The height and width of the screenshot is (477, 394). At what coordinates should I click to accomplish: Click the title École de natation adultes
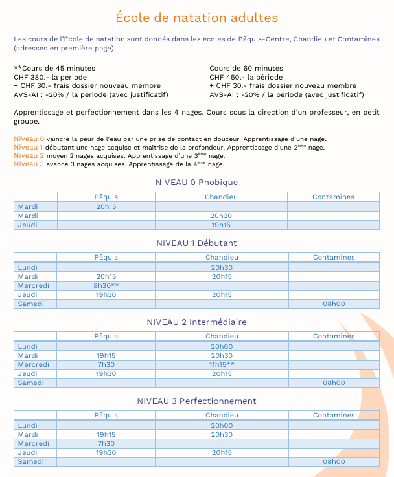pyautogui.click(x=196, y=17)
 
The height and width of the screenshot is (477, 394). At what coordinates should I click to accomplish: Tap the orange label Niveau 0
pyautogui.click(x=29, y=139)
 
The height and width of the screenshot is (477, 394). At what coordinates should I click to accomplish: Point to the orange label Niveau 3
pyautogui.click(x=29, y=164)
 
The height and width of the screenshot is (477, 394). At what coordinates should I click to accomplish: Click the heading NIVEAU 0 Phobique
pyautogui.click(x=196, y=182)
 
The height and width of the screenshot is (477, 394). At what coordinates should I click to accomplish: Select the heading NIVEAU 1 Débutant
pyautogui.click(x=196, y=243)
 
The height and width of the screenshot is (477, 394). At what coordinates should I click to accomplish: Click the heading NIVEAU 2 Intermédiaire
pyautogui.click(x=196, y=322)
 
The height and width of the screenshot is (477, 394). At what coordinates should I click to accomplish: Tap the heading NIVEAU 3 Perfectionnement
pyautogui.click(x=196, y=401)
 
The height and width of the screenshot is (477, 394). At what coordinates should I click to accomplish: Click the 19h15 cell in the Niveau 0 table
pyautogui.click(x=222, y=225)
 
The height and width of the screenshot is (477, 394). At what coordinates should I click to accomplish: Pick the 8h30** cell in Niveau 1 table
pyautogui.click(x=106, y=285)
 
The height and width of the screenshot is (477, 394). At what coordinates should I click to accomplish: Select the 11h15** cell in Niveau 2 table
pyautogui.click(x=222, y=364)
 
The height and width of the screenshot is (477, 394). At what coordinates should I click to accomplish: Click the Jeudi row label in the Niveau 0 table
pyautogui.click(x=28, y=225)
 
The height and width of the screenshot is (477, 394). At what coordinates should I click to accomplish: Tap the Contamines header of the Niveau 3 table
pyautogui.click(x=334, y=415)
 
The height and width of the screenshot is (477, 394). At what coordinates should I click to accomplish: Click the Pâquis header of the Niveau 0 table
pyautogui.click(x=106, y=197)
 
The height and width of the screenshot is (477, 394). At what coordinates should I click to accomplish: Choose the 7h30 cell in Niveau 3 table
pyautogui.click(x=106, y=443)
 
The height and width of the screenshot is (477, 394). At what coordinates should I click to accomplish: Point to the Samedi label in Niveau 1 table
pyautogui.click(x=30, y=304)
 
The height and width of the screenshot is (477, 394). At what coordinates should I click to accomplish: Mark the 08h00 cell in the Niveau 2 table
pyautogui.click(x=334, y=383)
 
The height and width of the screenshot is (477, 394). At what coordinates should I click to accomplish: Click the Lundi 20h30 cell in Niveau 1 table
pyautogui.click(x=222, y=267)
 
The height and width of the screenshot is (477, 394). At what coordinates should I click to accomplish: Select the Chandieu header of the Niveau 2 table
pyautogui.click(x=222, y=336)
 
